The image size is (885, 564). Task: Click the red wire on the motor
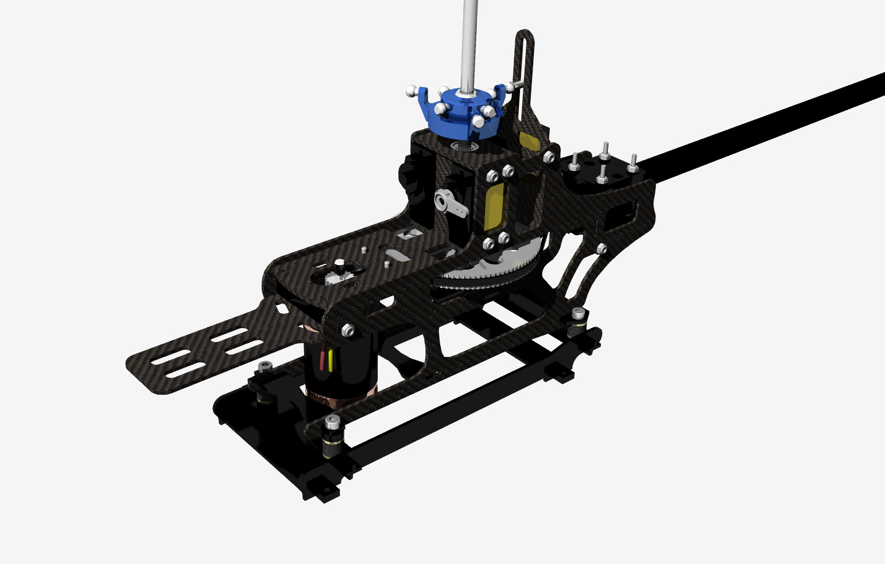coord(322,360)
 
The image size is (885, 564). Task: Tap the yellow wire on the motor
coord(331,359)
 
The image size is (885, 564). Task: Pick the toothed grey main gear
coord(488,273)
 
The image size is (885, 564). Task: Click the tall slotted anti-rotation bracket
coord(525,75)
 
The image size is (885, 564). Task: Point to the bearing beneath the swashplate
coord(465,146)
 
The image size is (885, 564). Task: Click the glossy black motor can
coord(344,367)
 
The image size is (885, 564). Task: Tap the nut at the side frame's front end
coord(347,330)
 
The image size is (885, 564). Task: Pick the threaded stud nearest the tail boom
coord(632,163)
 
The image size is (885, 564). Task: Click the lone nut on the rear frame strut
coord(601,248)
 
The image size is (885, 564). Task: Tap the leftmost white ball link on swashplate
coord(411,91)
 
